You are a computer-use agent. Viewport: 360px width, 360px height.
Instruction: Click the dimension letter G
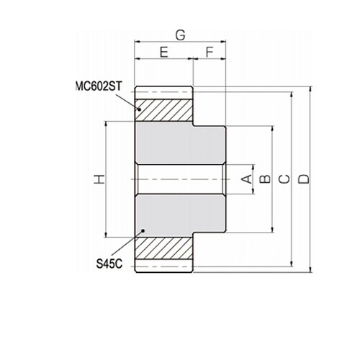[x=181, y=35]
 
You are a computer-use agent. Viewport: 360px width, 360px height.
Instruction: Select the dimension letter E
[x=164, y=52]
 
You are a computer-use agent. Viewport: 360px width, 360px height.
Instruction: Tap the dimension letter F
[x=210, y=52]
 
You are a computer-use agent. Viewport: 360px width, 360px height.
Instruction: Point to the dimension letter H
[x=99, y=179]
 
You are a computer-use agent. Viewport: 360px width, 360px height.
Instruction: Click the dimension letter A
[x=247, y=179]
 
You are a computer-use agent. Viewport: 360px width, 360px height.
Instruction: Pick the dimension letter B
[x=266, y=179]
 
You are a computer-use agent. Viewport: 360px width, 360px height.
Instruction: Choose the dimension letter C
[x=284, y=179]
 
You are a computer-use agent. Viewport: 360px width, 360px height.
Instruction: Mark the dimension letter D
[x=305, y=179]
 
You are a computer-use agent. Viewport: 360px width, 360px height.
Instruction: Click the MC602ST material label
[x=99, y=86]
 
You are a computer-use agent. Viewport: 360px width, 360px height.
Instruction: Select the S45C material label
[x=109, y=264]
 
